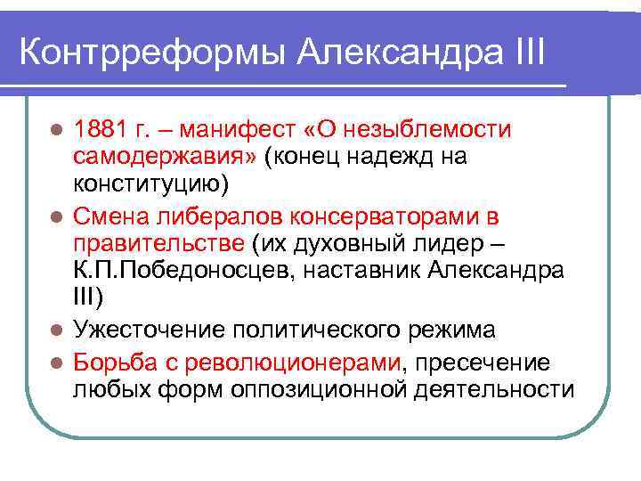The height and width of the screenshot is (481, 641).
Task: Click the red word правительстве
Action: (x=158, y=243)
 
